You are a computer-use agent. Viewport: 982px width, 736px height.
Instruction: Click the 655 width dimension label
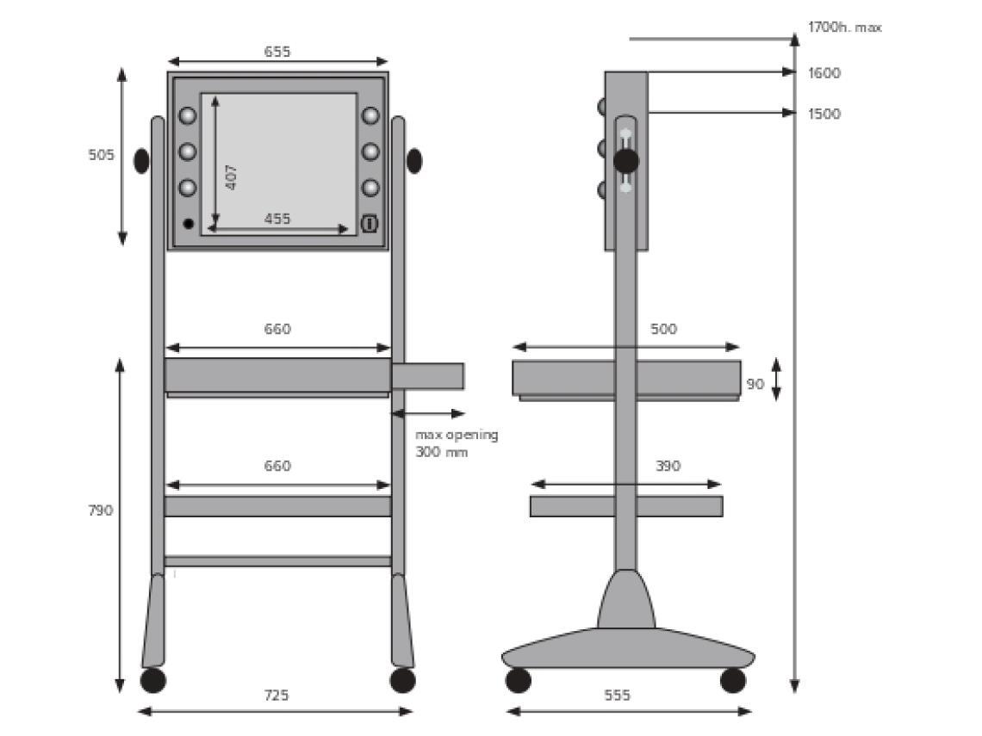tap(277, 52)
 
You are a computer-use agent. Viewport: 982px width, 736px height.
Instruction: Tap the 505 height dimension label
tap(101, 155)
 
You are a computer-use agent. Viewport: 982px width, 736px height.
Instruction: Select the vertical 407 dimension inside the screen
tap(231, 177)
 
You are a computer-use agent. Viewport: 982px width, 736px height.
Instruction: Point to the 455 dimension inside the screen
tap(277, 219)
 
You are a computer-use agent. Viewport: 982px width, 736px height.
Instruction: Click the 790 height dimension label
tap(100, 510)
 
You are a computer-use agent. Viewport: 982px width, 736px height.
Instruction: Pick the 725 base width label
tap(277, 695)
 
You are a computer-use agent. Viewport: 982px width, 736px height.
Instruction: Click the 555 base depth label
tap(617, 695)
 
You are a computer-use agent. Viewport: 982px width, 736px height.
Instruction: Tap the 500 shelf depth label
tap(663, 329)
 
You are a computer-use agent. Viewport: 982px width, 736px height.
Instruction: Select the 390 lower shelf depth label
tap(668, 466)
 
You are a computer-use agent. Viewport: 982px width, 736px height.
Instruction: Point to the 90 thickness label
tap(755, 384)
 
